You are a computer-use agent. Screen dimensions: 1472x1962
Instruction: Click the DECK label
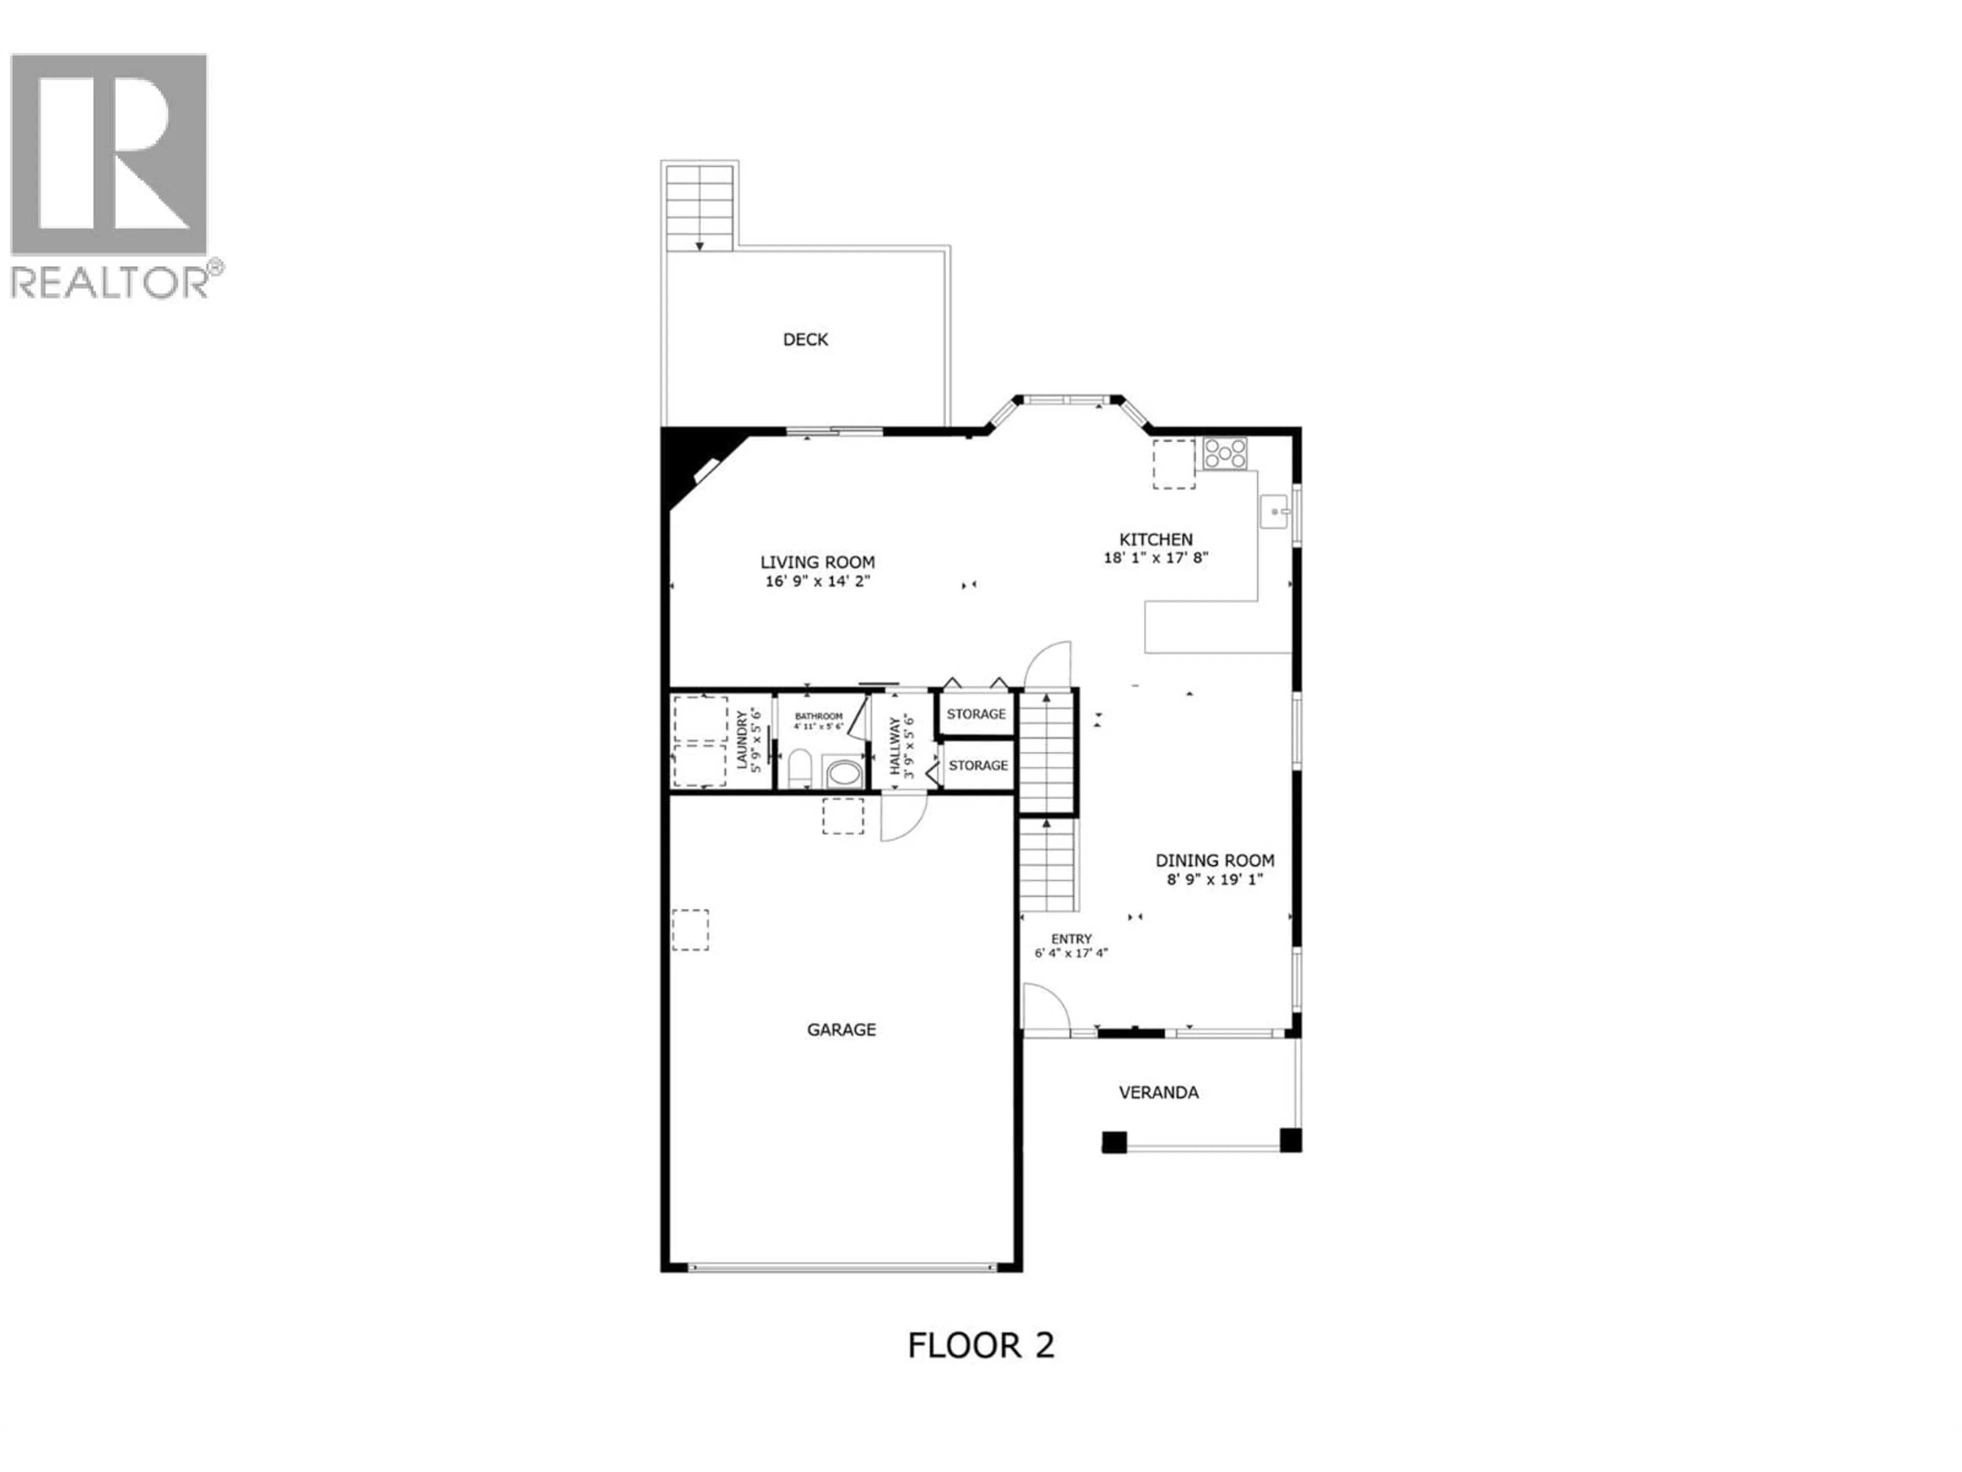click(805, 339)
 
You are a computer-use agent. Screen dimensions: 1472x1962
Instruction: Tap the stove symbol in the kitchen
click(1224, 453)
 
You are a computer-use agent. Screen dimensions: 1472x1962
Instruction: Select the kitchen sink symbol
click(1275, 512)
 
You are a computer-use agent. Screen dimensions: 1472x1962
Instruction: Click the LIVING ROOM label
click(817, 562)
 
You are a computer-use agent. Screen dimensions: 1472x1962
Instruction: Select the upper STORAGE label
click(976, 714)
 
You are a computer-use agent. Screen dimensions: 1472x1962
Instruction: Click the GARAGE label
click(841, 1029)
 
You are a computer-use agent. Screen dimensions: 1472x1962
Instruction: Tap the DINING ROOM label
click(1214, 860)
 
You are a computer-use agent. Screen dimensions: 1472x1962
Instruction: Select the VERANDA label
click(1158, 1092)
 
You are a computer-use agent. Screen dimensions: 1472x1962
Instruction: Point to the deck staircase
click(700, 206)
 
